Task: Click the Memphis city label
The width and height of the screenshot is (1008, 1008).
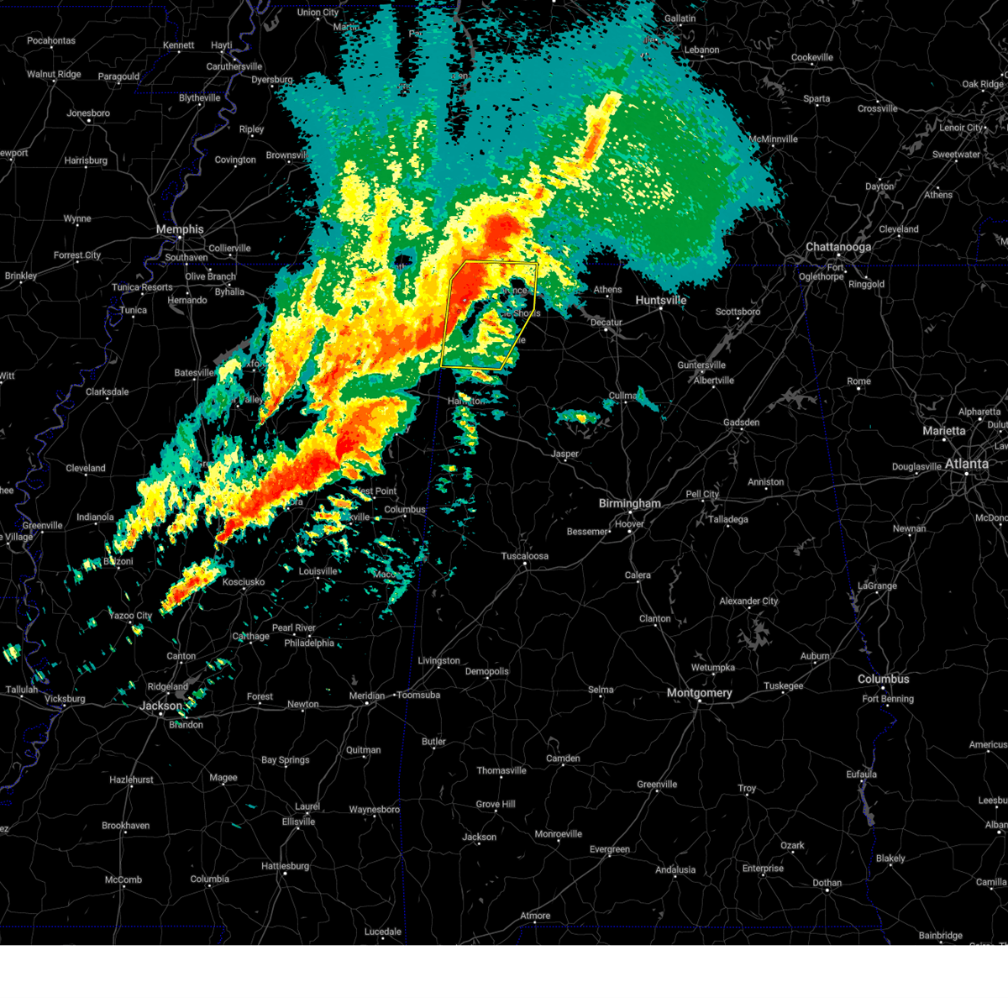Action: (x=180, y=229)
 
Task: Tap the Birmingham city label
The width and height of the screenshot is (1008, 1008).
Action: (x=629, y=503)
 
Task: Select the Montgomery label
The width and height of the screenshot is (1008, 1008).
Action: (x=699, y=693)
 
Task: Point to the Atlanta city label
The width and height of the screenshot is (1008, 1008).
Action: (x=966, y=464)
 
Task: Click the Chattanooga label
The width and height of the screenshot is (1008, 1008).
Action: (x=837, y=247)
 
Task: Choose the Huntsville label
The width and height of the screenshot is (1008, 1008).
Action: (x=660, y=301)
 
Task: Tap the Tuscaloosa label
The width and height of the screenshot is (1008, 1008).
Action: (x=524, y=556)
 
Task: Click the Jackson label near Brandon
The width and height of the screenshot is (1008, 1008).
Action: (x=160, y=706)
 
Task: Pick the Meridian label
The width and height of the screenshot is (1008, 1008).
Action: (x=367, y=696)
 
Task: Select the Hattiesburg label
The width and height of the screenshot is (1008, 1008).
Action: (x=286, y=866)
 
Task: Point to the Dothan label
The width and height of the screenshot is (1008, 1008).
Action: (x=827, y=883)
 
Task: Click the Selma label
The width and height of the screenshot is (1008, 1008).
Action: (x=601, y=690)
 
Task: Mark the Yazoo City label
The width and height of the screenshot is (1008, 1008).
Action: (x=131, y=616)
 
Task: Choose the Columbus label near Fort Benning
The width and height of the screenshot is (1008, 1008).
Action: (x=883, y=679)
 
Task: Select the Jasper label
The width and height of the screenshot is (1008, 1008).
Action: (x=564, y=454)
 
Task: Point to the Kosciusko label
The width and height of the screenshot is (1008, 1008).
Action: (x=244, y=582)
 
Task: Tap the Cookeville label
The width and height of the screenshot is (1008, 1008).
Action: (x=811, y=58)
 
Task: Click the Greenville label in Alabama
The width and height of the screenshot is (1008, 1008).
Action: (x=656, y=785)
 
